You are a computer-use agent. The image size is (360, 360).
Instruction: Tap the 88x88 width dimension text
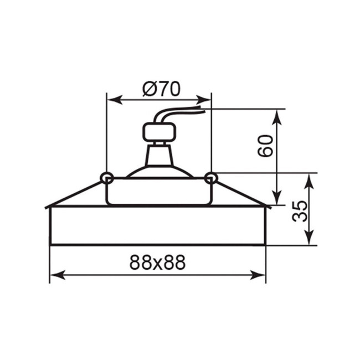tap(157, 263)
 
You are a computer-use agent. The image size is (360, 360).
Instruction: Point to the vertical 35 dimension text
tap(299, 211)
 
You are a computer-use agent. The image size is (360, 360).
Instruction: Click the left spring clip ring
tap(107, 178)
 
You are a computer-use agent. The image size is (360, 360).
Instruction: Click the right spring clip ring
tap(210, 178)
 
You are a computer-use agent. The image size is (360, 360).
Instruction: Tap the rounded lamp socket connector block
tap(159, 132)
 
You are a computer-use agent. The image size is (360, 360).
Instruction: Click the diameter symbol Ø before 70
tap(148, 88)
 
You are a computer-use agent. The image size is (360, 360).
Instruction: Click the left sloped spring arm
tap(75, 194)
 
